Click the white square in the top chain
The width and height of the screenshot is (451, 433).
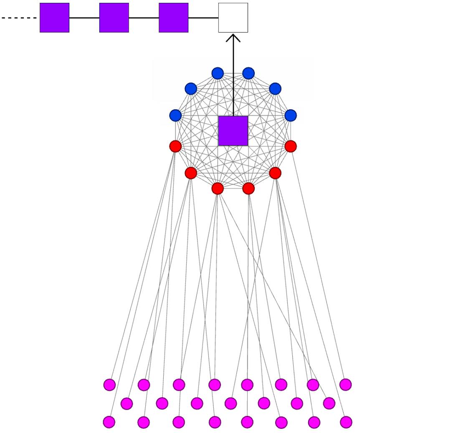tap(233, 18)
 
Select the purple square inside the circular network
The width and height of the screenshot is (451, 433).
tap(233, 131)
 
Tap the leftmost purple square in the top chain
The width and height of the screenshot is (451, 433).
tap(54, 18)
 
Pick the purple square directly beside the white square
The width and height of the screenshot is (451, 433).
tap(173, 18)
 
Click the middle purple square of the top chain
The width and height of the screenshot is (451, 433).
tap(114, 18)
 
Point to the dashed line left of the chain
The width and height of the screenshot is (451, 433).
tap(19, 18)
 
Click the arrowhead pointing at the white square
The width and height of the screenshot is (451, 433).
tap(233, 38)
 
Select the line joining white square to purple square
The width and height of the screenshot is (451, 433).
tap(203, 18)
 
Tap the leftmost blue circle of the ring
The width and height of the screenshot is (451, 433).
tap(175, 115)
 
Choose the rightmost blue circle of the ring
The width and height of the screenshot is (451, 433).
tap(291, 115)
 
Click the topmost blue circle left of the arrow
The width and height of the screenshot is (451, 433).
tap(218, 73)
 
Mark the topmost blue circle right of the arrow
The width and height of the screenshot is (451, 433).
tap(248, 73)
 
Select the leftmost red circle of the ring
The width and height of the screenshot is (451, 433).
tap(175, 146)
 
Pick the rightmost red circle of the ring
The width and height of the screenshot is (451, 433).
tap(291, 146)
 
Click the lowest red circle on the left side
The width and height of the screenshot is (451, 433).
tap(218, 189)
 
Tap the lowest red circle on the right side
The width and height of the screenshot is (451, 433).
tap(248, 189)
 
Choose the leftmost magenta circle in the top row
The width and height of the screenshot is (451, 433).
tap(109, 385)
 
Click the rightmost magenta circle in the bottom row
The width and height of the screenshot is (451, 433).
tap(346, 422)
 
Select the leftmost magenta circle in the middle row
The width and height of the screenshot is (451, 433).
tap(127, 403)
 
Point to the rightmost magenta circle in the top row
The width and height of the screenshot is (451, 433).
tap(345, 384)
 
